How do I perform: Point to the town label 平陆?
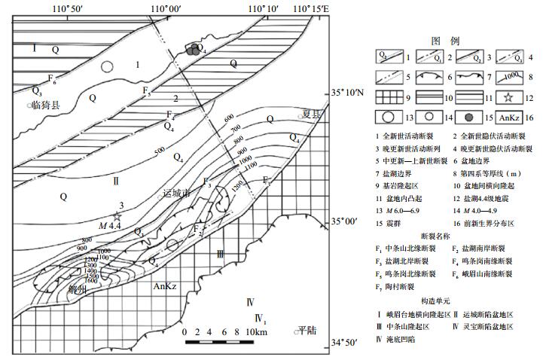(x=308, y=329)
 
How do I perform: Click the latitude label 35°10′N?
(x=347, y=94)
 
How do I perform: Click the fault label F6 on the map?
(x=51, y=78)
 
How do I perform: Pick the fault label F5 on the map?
(x=147, y=93)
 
